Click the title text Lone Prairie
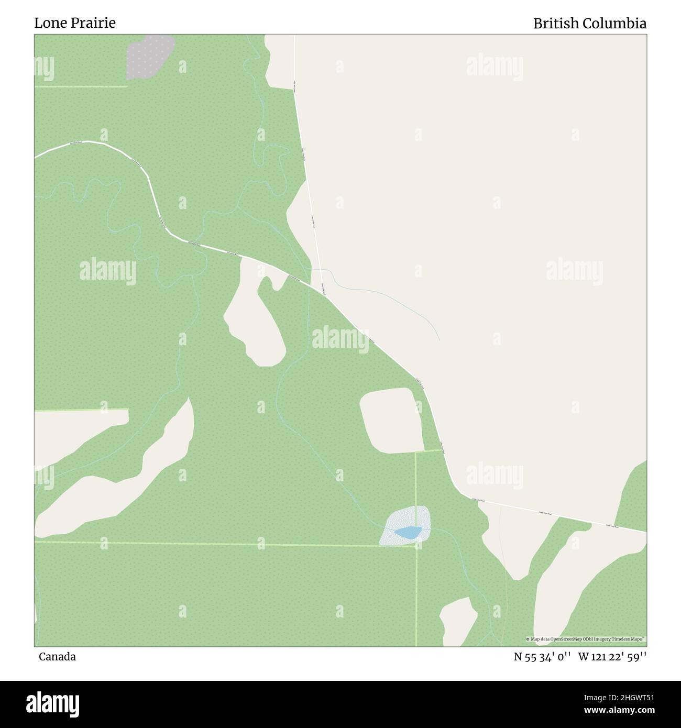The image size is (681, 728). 75,23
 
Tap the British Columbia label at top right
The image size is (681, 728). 589,24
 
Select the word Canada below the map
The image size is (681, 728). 57,656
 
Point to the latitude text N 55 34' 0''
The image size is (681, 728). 543,657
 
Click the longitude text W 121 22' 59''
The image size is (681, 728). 612,657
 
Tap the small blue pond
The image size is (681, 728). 408,533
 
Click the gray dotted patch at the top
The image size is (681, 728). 149,57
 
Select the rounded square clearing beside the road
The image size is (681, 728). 392,420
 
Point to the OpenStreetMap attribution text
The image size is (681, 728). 586,639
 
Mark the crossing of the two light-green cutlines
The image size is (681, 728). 416,547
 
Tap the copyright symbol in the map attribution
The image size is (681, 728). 528,639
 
